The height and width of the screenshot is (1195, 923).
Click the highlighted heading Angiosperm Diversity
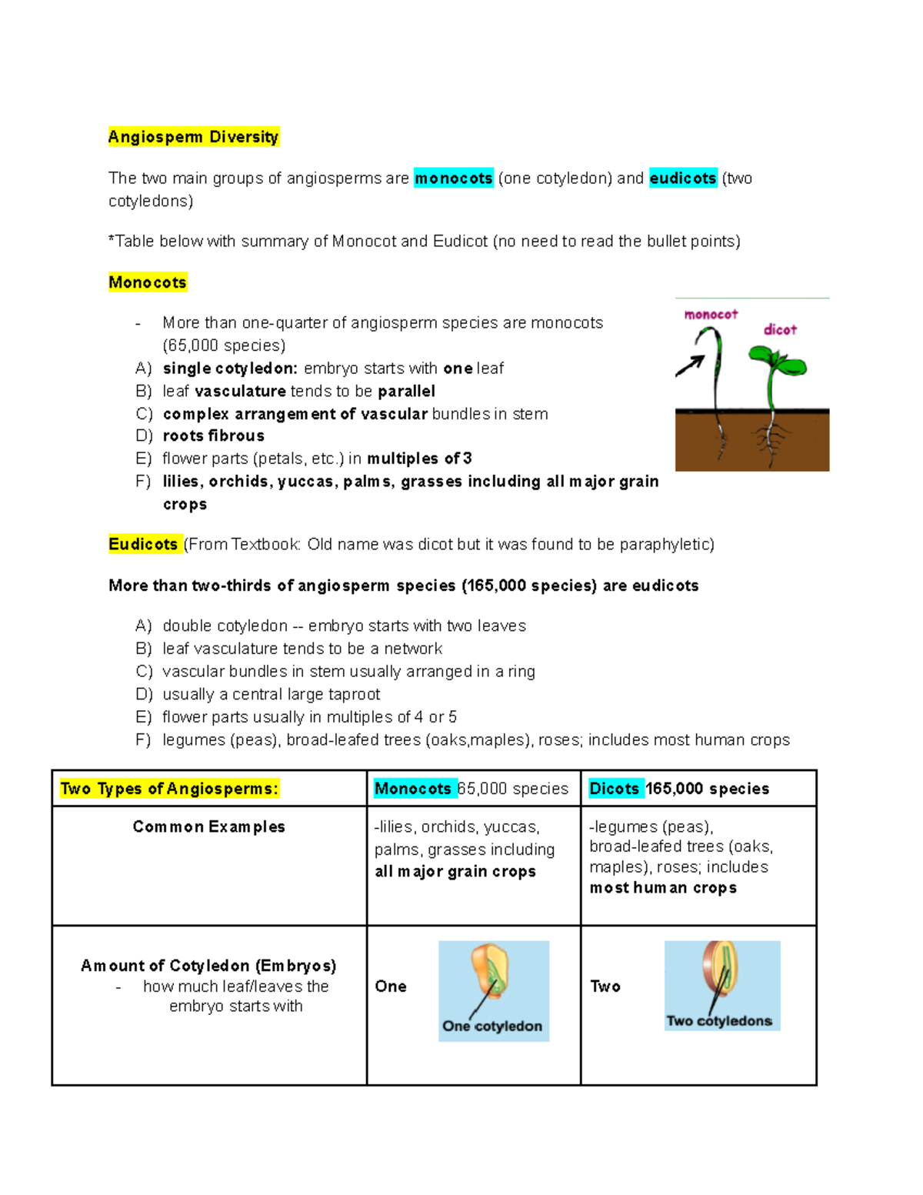[193, 137]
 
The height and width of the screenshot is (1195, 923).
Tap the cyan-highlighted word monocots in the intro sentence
[453, 179]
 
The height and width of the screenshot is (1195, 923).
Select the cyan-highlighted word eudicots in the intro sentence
[682, 179]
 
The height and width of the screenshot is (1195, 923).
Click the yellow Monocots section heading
[148, 282]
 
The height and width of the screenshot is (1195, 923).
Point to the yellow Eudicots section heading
[143, 545]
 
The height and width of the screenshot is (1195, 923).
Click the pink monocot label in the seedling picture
[711, 315]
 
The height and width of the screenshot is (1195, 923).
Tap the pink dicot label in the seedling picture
[780, 330]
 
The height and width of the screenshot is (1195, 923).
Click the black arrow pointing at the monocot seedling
[690, 366]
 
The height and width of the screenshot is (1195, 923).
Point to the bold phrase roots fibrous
[214, 436]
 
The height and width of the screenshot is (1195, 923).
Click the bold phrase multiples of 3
[419, 459]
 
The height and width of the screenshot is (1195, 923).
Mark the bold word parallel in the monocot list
[406, 391]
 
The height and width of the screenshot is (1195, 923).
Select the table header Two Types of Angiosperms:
[169, 789]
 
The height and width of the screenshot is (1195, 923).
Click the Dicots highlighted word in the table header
[615, 789]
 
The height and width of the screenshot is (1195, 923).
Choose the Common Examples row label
[208, 827]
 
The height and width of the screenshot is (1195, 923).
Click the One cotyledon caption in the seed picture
[492, 1026]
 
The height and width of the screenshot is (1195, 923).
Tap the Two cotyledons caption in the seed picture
[719, 1021]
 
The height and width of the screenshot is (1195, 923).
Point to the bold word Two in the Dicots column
[605, 986]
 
